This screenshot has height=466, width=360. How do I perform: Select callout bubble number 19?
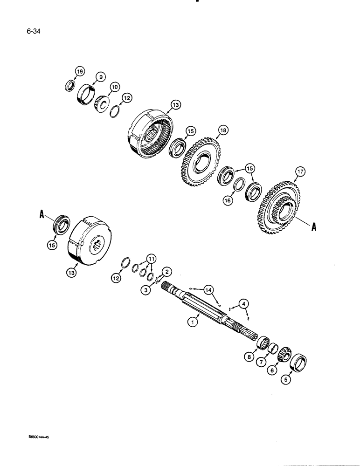[x=80, y=72]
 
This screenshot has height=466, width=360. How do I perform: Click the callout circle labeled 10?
[x=115, y=87]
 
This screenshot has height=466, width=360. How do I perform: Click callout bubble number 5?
[x=287, y=380]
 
